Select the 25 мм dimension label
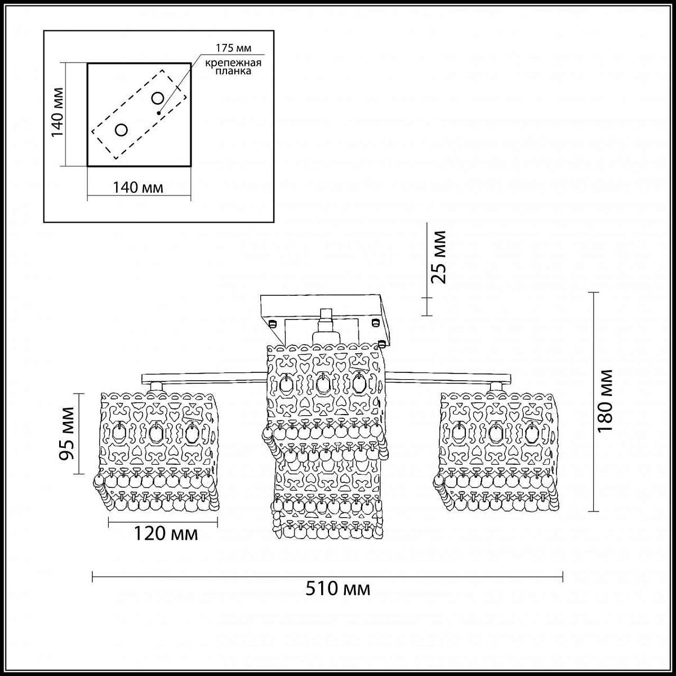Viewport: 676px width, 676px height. pyautogui.click(x=438, y=257)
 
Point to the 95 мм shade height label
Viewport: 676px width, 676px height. pyautogui.click(x=66, y=434)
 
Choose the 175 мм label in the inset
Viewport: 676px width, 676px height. pyautogui.click(x=233, y=48)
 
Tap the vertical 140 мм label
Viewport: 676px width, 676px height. pyautogui.click(x=57, y=112)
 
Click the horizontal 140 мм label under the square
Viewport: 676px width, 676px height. pyautogui.click(x=138, y=188)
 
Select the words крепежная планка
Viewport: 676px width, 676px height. pyautogui.click(x=233, y=67)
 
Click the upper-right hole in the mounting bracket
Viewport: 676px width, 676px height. pyautogui.click(x=158, y=99)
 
